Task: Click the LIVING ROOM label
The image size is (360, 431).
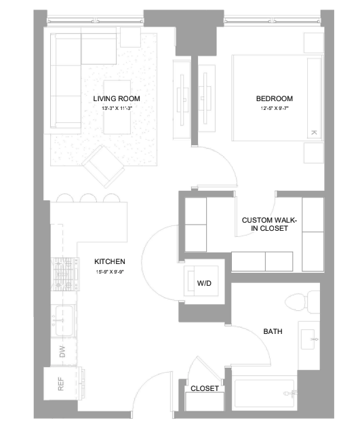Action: (x=117, y=98)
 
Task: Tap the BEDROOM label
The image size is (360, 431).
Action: (x=275, y=98)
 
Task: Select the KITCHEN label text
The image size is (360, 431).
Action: (x=110, y=261)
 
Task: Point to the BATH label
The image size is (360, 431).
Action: (x=273, y=331)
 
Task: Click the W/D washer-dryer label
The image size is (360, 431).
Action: (x=204, y=283)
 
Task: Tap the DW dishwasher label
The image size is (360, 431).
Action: (x=62, y=352)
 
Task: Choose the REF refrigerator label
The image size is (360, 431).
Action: (x=61, y=383)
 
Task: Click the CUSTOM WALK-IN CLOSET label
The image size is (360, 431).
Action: (x=269, y=224)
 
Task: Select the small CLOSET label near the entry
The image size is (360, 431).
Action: (x=205, y=388)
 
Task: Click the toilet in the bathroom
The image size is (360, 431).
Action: (x=302, y=302)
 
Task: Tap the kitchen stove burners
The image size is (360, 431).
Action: (x=65, y=274)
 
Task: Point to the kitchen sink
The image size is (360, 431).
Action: (x=64, y=320)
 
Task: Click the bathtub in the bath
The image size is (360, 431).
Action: (x=264, y=394)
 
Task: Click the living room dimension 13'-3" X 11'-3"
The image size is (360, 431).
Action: (x=117, y=109)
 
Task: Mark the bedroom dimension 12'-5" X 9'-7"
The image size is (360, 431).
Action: (x=275, y=109)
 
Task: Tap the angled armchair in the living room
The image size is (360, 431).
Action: (x=103, y=166)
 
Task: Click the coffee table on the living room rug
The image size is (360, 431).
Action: (x=117, y=107)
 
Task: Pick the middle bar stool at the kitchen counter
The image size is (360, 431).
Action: (x=88, y=198)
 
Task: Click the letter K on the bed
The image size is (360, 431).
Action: (x=314, y=132)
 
